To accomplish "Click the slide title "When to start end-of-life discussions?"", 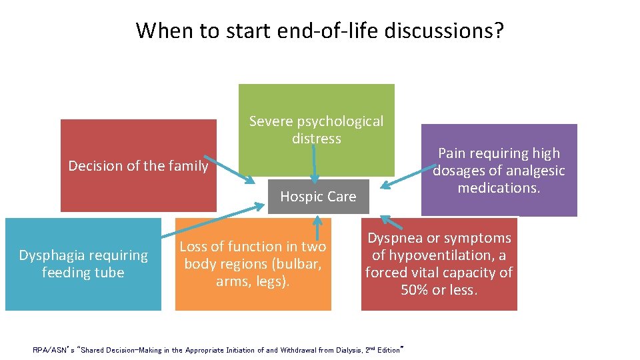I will [320, 30].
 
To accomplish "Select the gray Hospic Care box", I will [318, 197].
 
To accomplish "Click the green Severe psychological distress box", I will [316, 107].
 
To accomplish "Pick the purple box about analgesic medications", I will [499, 171].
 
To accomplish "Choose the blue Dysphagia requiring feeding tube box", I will [83, 264].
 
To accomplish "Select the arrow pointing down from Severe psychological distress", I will [315, 163].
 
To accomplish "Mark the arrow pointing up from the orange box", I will [318, 227].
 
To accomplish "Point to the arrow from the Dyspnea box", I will [393, 224].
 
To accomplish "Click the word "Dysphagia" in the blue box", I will [50, 255].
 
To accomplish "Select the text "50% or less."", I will [439, 290].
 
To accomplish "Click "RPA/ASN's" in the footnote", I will [51, 350].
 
